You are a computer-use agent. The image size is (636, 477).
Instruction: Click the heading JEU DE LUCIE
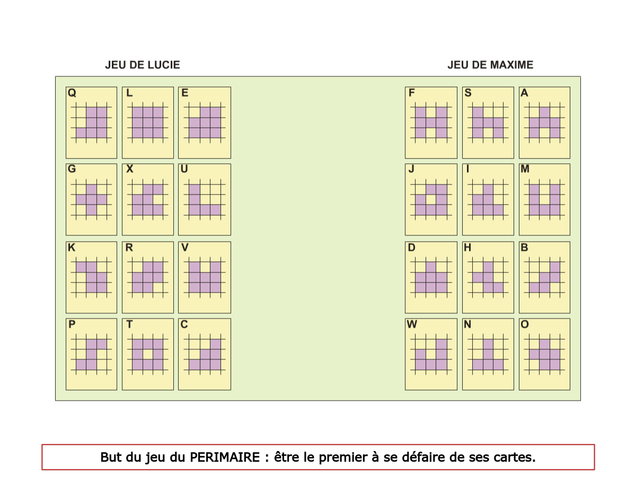(143, 65)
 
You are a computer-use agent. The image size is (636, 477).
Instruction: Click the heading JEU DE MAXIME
(490, 65)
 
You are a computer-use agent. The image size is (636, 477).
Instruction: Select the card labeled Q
(91, 122)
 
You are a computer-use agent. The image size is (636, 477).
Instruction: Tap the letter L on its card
(129, 93)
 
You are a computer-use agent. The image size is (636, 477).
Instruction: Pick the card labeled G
(91, 199)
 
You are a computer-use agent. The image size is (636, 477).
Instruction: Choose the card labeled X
(147, 199)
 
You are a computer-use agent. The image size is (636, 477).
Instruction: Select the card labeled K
(91, 277)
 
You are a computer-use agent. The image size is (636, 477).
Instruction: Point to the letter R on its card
(129, 248)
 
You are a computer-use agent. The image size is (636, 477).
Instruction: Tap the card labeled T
(147, 354)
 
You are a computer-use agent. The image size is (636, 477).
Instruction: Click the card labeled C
(204, 354)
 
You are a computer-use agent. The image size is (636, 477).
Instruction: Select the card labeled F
(431, 122)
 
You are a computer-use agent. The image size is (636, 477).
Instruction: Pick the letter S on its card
(468, 93)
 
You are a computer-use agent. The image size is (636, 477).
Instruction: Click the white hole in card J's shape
(431, 200)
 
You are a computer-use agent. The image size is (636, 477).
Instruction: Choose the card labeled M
(544, 199)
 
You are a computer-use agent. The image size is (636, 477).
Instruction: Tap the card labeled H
(488, 277)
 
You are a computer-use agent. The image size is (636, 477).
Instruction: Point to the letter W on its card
(412, 324)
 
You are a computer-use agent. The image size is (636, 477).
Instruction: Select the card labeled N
(488, 354)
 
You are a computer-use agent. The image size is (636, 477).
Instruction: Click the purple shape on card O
(545, 355)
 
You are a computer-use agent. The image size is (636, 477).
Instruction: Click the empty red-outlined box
(318, 457)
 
